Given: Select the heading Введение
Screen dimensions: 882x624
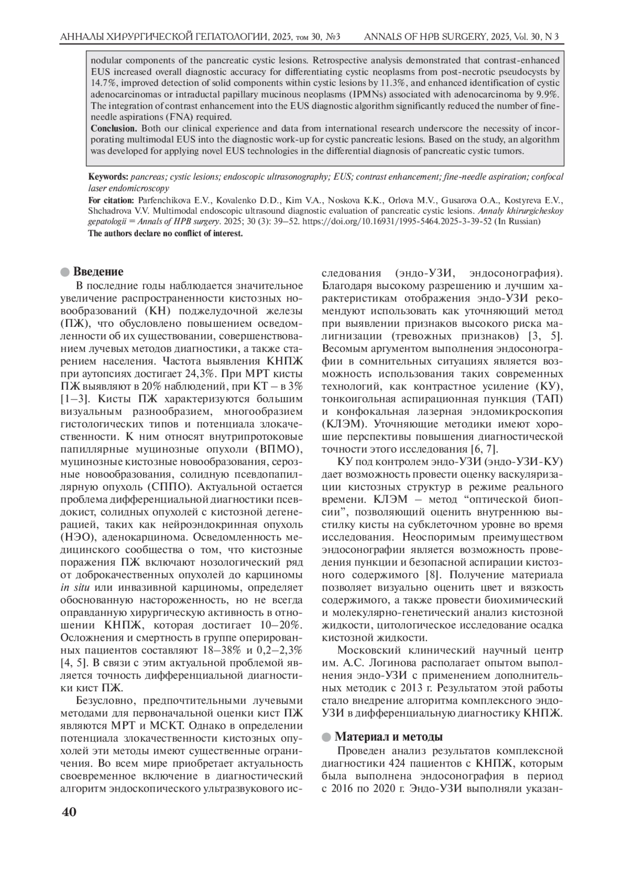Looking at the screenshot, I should click(98, 271).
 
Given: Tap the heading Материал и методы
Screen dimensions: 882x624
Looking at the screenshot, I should click(388, 736).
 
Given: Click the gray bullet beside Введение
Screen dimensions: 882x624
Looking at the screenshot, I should click(64, 272).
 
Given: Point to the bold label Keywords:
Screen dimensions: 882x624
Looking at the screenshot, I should click(108, 177).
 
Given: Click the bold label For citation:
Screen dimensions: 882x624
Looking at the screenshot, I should click(111, 200).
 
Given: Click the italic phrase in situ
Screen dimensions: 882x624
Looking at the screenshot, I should click(72, 588).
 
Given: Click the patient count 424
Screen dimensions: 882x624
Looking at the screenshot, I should click(398, 763).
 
